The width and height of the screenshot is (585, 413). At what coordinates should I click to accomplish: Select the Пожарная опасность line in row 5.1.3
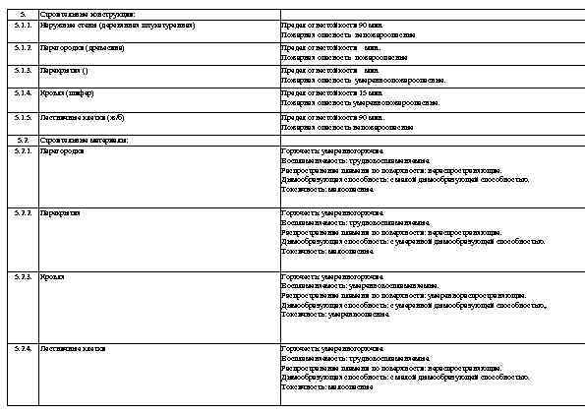pyautogui.click(x=363, y=81)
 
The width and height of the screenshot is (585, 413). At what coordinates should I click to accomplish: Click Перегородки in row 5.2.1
pyautogui.click(x=62, y=151)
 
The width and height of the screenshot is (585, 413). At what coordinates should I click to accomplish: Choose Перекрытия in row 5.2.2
pyautogui.click(x=61, y=212)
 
